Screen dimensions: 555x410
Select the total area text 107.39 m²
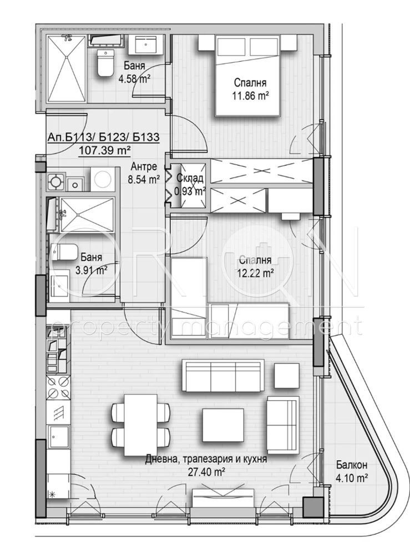tap(105, 150)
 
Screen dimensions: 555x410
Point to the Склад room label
tap(190, 178)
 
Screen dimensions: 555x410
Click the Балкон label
tap(352, 465)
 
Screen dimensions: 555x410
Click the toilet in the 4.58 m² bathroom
tap(104, 63)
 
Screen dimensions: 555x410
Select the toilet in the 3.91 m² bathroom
tap(62, 253)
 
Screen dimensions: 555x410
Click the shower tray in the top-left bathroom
tap(66, 69)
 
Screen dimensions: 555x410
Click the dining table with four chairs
tap(140, 425)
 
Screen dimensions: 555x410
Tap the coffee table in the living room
tap(222, 425)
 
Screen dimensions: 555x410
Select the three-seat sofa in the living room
tap(224, 376)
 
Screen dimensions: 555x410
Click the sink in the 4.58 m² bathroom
tap(148, 44)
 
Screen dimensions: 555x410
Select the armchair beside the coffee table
tap(283, 425)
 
